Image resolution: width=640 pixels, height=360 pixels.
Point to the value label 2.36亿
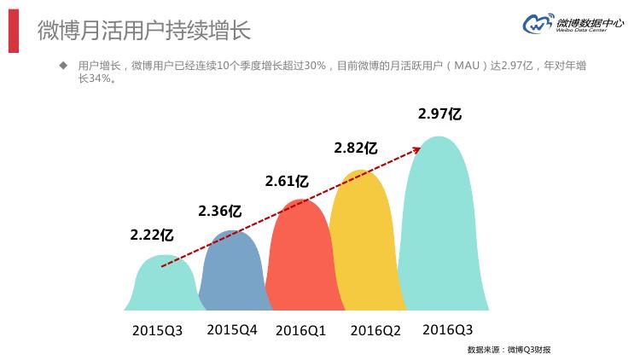tap(219, 210)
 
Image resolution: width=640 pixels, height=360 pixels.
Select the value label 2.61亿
tap(287, 181)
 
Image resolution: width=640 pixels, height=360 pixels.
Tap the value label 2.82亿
tap(356, 148)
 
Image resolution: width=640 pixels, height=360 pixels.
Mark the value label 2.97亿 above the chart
tap(440, 113)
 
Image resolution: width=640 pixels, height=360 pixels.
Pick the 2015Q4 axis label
tap(231, 329)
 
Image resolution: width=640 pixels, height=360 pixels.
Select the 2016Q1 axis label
tap(300, 330)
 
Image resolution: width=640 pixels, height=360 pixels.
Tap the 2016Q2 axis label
tap(375, 330)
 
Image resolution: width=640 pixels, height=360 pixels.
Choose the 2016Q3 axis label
tap(447, 329)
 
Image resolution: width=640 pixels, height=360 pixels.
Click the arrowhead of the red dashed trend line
tap(419, 148)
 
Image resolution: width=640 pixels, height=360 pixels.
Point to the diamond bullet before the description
tap(62, 66)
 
